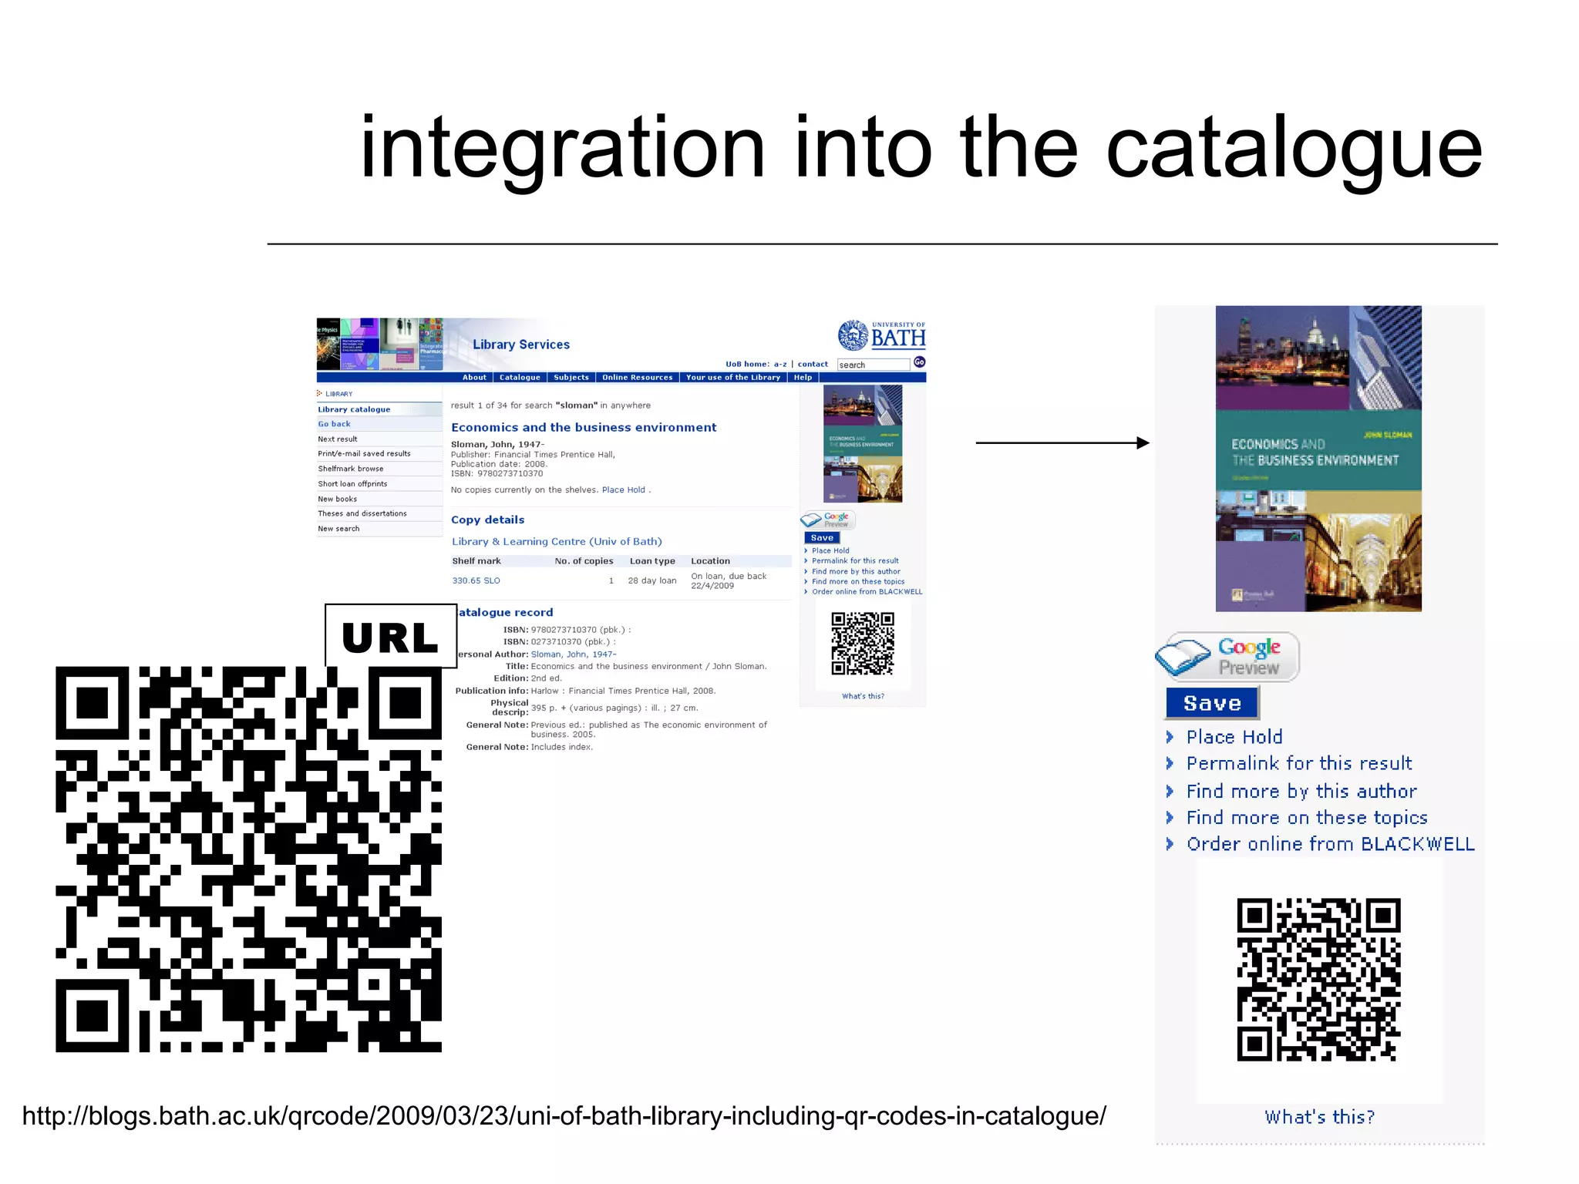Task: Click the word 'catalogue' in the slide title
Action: (1294, 148)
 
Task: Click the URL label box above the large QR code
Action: (391, 636)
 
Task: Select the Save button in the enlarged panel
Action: (1212, 703)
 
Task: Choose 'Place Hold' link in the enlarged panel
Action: (1234, 737)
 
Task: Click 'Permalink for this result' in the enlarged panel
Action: (1299, 763)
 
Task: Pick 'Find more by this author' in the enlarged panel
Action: (1301, 791)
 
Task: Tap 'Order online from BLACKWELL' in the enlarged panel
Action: (1330, 844)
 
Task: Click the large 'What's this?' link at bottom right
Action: (1319, 1117)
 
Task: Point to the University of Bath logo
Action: (882, 335)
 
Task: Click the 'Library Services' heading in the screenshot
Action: (521, 345)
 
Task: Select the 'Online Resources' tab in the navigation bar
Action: (637, 378)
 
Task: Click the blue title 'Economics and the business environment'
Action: (584, 427)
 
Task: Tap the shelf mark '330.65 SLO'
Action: (476, 580)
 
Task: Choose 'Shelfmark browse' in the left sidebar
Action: (351, 469)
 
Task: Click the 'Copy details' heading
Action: (487, 520)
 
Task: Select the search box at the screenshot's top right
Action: (873, 365)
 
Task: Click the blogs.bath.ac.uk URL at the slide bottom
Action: (564, 1115)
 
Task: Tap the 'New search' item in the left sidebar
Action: (338, 529)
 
